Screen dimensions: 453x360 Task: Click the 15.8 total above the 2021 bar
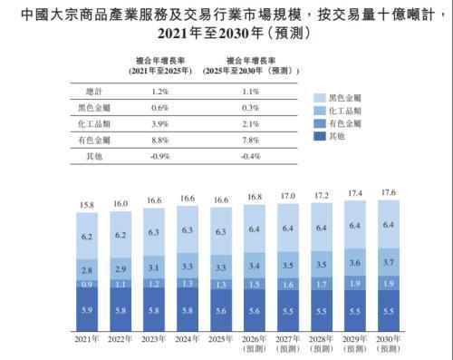(x=87, y=205)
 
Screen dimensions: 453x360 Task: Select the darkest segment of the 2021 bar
(x=87, y=309)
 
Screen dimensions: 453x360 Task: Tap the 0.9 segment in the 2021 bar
(x=87, y=284)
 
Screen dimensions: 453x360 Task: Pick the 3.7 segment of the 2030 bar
(x=389, y=262)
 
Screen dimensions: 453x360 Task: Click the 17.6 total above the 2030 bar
(x=389, y=192)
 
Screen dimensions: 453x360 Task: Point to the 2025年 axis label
(x=221, y=339)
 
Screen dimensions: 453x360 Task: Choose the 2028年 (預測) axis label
(x=322, y=344)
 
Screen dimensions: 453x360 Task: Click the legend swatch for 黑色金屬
(x=320, y=98)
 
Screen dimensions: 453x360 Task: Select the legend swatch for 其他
(x=320, y=136)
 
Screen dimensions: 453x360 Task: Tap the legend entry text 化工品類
(x=345, y=111)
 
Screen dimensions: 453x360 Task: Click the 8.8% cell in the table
(x=159, y=141)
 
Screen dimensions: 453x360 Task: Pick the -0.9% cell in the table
(x=159, y=156)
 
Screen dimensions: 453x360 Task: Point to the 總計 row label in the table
(x=94, y=92)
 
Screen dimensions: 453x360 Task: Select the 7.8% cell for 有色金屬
(x=251, y=141)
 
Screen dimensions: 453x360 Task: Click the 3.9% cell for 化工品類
(x=159, y=124)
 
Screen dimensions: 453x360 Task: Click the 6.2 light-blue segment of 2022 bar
(x=120, y=235)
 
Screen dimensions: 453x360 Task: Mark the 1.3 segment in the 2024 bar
(x=188, y=283)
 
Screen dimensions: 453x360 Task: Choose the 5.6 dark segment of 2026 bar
(x=255, y=310)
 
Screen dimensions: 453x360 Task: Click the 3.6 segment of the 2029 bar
(x=355, y=262)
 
